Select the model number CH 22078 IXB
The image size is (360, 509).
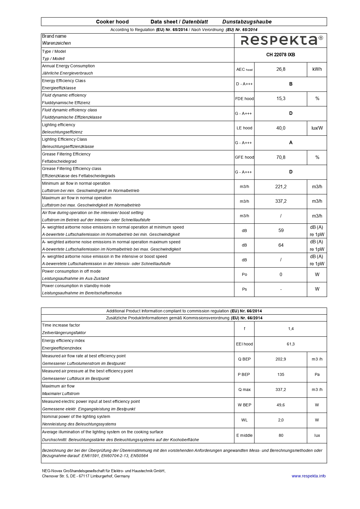pyautogui.click(x=281, y=55)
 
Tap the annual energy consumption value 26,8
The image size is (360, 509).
pyautogui.click(x=281, y=69)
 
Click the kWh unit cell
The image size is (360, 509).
pyautogui.click(x=317, y=69)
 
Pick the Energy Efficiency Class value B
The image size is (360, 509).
pyautogui.click(x=291, y=84)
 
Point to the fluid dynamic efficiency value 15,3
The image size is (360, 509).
pyautogui.click(x=281, y=99)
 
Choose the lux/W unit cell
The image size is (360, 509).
pyautogui.click(x=317, y=128)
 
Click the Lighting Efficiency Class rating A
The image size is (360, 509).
pyautogui.click(x=291, y=143)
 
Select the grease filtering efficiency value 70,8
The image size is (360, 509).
pyautogui.click(x=281, y=157)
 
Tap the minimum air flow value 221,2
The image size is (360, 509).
pyautogui.click(x=281, y=187)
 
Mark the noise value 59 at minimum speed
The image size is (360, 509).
pyautogui.click(x=281, y=231)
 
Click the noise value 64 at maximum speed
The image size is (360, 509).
pyautogui.click(x=281, y=245)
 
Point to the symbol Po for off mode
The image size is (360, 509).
pyautogui.click(x=244, y=275)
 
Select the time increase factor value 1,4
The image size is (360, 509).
pyautogui.click(x=291, y=329)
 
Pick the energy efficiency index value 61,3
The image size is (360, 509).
pyautogui.click(x=291, y=344)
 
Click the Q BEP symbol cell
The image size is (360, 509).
pyautogui.click(x=244, y=359)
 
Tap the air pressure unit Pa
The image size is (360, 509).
pyautogui.click(x=317, y=375)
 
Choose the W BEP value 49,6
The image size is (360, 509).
pyautogui.click(x=281, y=405)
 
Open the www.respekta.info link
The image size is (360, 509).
pyautogui.click(x=308, y=476)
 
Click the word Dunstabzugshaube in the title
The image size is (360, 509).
pyautogui.click(x=247, y=22)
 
